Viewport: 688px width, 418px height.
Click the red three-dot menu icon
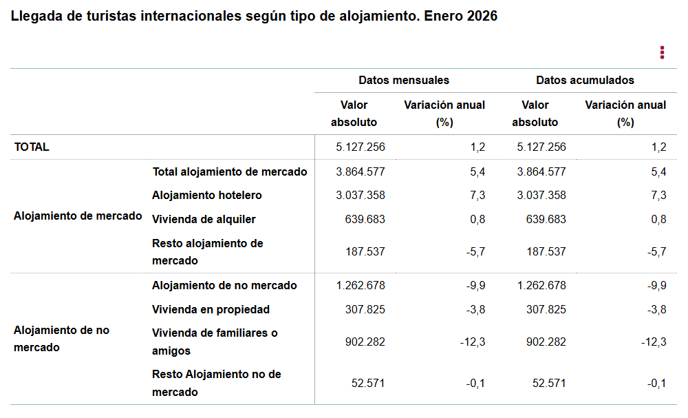point(662,52)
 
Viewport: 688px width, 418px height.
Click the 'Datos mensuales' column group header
point(403,80)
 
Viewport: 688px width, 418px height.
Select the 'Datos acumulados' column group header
point(585,80)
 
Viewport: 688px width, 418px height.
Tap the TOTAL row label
point(32,147)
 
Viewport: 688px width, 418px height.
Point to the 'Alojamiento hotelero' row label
point(206,196)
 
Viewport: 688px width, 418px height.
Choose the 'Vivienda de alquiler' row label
point(204,220)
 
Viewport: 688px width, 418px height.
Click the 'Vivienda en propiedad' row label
point(211,309)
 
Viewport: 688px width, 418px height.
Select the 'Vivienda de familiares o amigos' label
point(215,342)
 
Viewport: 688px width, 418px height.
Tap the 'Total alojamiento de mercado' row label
point(229,171)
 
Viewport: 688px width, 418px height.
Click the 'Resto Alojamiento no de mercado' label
point(216,383)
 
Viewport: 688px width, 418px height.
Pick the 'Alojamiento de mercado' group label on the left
point(78,216)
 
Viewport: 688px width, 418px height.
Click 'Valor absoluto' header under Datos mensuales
point(354,114)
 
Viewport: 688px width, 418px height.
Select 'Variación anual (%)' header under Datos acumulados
point(625,114)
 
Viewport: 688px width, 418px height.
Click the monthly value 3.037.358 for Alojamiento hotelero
point(360,196)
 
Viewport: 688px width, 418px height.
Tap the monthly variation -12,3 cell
point(473,342)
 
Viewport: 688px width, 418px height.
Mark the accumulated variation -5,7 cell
point(657,252)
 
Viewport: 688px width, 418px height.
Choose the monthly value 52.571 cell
point(367,383)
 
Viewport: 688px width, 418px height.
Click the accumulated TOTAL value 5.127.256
point(541,147)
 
